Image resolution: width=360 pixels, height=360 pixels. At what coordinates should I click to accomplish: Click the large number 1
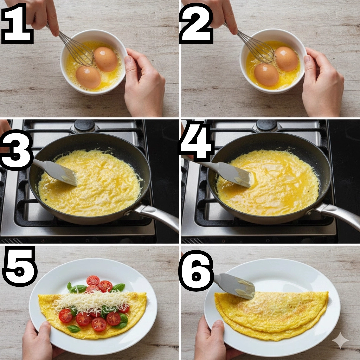click(18, 24)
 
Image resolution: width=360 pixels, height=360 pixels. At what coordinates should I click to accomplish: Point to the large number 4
click(197, 142)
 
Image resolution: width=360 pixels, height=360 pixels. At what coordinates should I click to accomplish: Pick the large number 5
click(20, 266)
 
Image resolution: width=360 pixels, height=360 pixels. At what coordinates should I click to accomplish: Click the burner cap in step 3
click(84, 125)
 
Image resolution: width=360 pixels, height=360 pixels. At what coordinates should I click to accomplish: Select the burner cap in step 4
click(267, 125)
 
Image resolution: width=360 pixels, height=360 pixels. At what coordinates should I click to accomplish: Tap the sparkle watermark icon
click(340, 340)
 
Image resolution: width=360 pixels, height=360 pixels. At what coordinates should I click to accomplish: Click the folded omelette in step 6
click(271, 315)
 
